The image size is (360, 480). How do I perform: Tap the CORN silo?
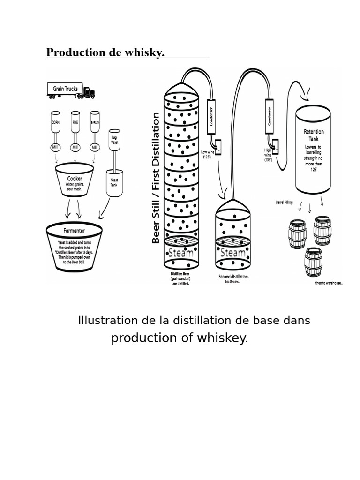tap(56, 123)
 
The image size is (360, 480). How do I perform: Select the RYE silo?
tap(75, 123)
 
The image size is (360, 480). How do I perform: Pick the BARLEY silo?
tap(95, 123)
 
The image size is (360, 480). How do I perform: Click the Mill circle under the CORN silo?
tap(56, 148)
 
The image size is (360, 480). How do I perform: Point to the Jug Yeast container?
tap(114, 140)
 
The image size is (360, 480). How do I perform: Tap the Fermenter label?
tap(74, 231)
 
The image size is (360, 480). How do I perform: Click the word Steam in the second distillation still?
tap(232, 253)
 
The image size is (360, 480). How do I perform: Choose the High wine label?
tap(268, 154)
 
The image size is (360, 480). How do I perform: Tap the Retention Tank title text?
tap(314, 135)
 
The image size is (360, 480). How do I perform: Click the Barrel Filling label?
tap(285, 202)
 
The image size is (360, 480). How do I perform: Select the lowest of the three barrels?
tap(313, 262)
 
